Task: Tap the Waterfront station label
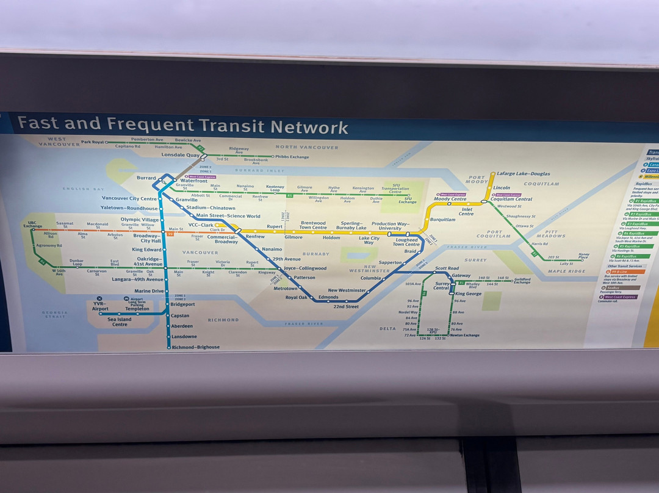[193, 181]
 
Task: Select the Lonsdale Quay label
[181, 155]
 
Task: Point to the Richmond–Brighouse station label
[195, 347]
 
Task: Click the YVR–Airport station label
[101, 306]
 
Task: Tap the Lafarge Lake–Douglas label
[523, 174]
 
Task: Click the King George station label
[469, 293]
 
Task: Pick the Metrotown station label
[285, 289]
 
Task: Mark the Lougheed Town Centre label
[406, 242]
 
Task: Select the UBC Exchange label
[33, 225]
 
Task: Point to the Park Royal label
[93, 142]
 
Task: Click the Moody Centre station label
[450, 199]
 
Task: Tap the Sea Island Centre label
[120, 322]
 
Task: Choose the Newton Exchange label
[465, 335]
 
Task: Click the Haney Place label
[584, 256]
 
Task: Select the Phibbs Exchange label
[292, 157]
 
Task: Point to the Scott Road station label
[447, 268]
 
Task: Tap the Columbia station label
[370, 278]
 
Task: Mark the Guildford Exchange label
[522, 280]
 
